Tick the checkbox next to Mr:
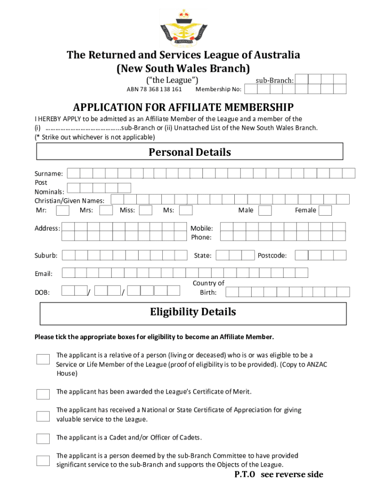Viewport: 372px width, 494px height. point(62,210)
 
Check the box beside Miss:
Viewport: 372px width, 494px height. point(145,210)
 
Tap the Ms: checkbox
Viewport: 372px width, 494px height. point(186,210)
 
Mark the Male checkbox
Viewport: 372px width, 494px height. point(265,210)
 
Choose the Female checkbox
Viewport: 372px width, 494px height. point(325,210)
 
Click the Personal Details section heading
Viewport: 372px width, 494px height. point(190,152)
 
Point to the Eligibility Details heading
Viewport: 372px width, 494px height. point(193,312)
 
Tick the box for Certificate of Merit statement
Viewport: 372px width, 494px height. point(43,394)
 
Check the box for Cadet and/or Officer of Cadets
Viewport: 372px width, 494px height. point(43,439)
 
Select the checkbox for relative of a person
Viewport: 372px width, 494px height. point(43,359)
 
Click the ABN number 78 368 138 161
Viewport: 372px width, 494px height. point(154,89)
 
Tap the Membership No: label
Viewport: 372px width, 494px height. point(218,89)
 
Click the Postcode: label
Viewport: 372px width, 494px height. point(272,255)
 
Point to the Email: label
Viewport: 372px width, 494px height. point(43,274)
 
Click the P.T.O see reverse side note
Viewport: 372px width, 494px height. point(279,475)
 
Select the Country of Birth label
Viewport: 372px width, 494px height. point(208,288)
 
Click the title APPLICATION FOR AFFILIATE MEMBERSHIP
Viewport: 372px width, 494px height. point(183,107)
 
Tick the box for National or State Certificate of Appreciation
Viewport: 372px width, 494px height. point(43,416)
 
